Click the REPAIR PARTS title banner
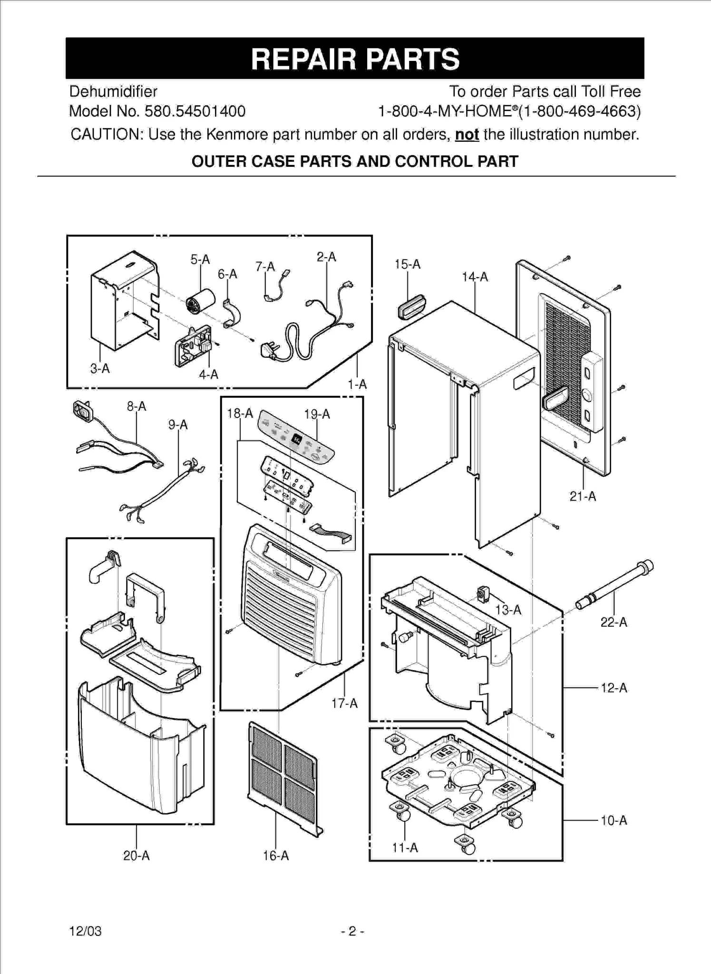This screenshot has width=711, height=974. click(355, 58)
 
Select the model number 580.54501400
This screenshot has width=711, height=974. click(195, 111)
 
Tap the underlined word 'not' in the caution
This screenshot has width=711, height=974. click(467, 135)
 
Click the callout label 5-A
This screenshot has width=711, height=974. click(200, 260)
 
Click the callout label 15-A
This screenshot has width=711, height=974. click(407, 264)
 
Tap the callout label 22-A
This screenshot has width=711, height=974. click(614, 622)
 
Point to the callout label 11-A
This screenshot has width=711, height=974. click(405, 847)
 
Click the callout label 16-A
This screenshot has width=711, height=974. click(276, 856)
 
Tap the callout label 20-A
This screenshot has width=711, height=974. click(136, 856)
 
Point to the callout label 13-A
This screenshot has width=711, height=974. click(508, 610)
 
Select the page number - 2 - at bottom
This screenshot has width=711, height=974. click(352, 931)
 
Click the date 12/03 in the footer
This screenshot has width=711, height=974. click(86, 931)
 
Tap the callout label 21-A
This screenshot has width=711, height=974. click(583, 497)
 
